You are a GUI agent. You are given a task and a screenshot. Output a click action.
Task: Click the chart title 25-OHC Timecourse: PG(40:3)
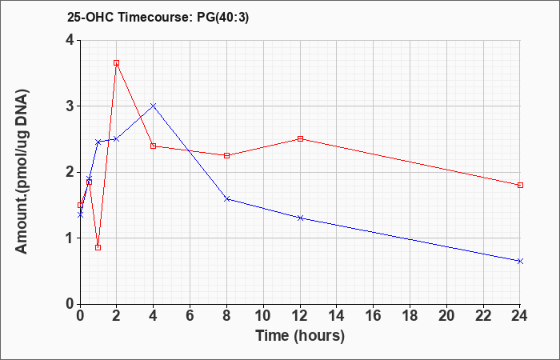(x=158, y=18)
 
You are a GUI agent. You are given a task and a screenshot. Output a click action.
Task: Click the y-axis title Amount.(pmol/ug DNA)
(x=22, y=172)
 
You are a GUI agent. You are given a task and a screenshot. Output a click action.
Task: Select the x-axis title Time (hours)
(x=300, y=336)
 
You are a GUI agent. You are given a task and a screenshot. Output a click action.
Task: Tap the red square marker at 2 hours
(x=117, y=63)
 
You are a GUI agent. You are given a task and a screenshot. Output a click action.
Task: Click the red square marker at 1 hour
(x=98, y=247)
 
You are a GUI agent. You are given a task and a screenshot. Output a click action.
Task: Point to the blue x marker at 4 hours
(x=154, y=106)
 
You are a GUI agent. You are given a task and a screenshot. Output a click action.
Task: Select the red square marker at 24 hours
(x=520, y=185)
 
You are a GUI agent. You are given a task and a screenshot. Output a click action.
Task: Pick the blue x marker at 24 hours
(x=520, y=261)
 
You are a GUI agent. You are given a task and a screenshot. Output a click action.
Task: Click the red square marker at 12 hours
(x=300, y=138)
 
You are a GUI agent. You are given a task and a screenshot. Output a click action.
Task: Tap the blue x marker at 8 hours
(x=226, y=198)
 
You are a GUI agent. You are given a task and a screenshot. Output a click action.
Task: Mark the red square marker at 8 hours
(x=226, y=155)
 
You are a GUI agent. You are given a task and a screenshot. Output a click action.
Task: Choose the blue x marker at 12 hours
(x=300, y=218)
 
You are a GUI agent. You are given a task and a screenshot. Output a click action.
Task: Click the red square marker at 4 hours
(x=154, y=146)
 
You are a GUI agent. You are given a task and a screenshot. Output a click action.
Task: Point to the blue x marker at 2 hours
(x=117, y=138)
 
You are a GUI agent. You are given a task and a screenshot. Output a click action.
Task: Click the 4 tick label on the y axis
(x=70, y=40)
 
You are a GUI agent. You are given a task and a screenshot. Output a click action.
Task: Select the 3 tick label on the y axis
(x=70, y=106)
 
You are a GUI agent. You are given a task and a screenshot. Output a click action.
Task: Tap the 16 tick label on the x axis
(x=374, y=316)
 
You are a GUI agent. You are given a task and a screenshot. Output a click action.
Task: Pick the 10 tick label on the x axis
(x=263, y=316)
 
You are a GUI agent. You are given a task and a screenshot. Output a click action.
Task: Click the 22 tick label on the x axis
(x=483, y=316)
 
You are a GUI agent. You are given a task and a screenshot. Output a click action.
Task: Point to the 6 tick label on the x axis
(x=190, y=316)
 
